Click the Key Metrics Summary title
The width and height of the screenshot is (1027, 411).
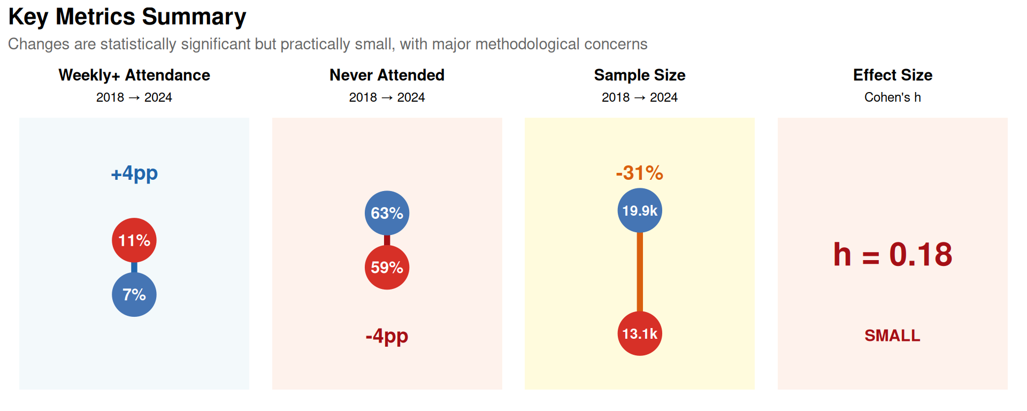[127, 17]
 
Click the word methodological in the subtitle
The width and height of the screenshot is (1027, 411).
[527, 44]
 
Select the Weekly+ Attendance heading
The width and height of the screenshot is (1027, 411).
[134, 75]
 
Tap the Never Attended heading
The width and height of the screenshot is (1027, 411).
[387, 75]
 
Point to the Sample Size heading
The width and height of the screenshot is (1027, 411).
[640, 75]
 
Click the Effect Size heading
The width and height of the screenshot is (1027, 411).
[893, 75]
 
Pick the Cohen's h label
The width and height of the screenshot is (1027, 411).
[893, 97]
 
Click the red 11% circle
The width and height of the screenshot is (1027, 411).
[134, 240]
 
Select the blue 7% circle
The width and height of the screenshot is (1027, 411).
[134, 294]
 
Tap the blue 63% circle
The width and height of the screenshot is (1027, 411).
[387, 213]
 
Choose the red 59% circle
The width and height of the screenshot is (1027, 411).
[387, 267]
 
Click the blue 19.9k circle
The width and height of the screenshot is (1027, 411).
[640, 210]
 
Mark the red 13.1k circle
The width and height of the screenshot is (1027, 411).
[640, 333]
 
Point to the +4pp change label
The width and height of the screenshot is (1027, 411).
[134, 173]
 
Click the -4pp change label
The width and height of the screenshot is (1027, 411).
[387, 336]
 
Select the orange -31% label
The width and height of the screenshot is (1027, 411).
[640, 173]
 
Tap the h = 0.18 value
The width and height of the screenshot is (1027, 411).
[893, 255]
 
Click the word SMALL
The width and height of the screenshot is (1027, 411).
[893, 336]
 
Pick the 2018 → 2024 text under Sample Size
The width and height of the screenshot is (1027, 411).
[640, 97]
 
